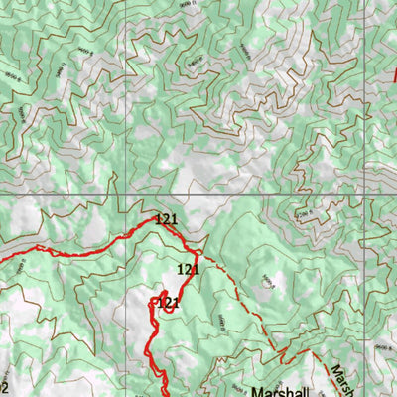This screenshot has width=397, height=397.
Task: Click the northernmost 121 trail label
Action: (165, 218)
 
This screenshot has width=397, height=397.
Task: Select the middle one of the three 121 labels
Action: (188, 269)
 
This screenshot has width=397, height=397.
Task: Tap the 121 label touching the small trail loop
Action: (167, 302)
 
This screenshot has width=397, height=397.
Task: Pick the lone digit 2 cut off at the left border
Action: (4, 387)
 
